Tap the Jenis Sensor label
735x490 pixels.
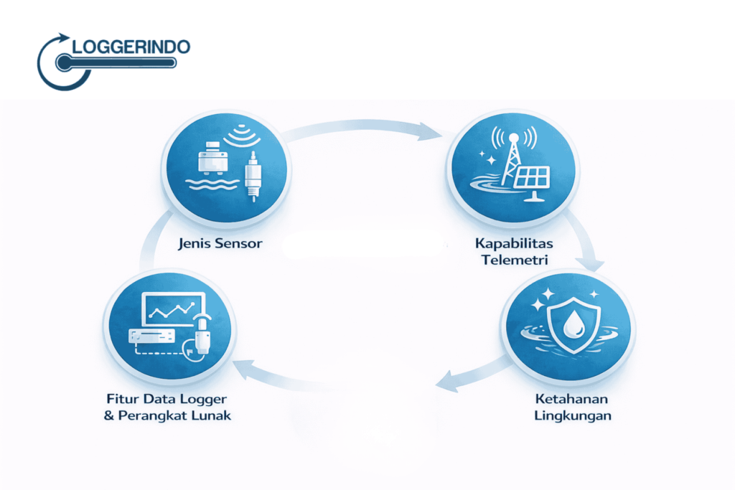(220, 243)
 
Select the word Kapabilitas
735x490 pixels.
(511, 243)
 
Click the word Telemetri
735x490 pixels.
(511, 260)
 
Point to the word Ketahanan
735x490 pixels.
(567, 399)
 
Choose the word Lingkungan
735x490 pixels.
(567, 415)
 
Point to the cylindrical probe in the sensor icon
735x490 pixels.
(251, 179)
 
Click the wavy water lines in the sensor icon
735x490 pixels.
(208, 184)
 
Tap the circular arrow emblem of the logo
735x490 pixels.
(57, 63)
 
